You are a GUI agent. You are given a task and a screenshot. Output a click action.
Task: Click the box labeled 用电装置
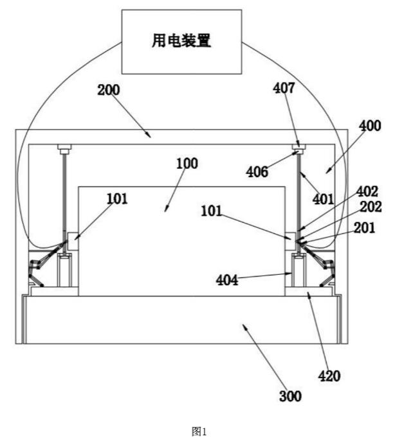(x=182, y=42)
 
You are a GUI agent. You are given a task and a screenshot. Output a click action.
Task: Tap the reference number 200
(x=108, y=90)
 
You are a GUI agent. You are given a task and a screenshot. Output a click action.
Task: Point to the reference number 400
(x=369, y=126)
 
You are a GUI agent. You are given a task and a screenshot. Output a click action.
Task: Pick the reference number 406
(x=259, y=171)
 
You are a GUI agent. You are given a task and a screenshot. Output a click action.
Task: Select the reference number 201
(x=369, y=227)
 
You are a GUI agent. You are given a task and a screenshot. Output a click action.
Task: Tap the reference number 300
(x=289, y=396)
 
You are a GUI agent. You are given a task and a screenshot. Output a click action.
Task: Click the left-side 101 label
(x=117, y=198)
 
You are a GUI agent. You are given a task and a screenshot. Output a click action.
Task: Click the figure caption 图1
(x=197, y=431)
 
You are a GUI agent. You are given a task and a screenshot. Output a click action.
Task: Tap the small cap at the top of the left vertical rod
(x=64, y=149)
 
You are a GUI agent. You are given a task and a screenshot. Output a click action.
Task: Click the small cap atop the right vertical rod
(x=299, y=149)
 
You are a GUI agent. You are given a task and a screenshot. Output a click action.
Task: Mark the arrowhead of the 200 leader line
(x=151, y=136)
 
